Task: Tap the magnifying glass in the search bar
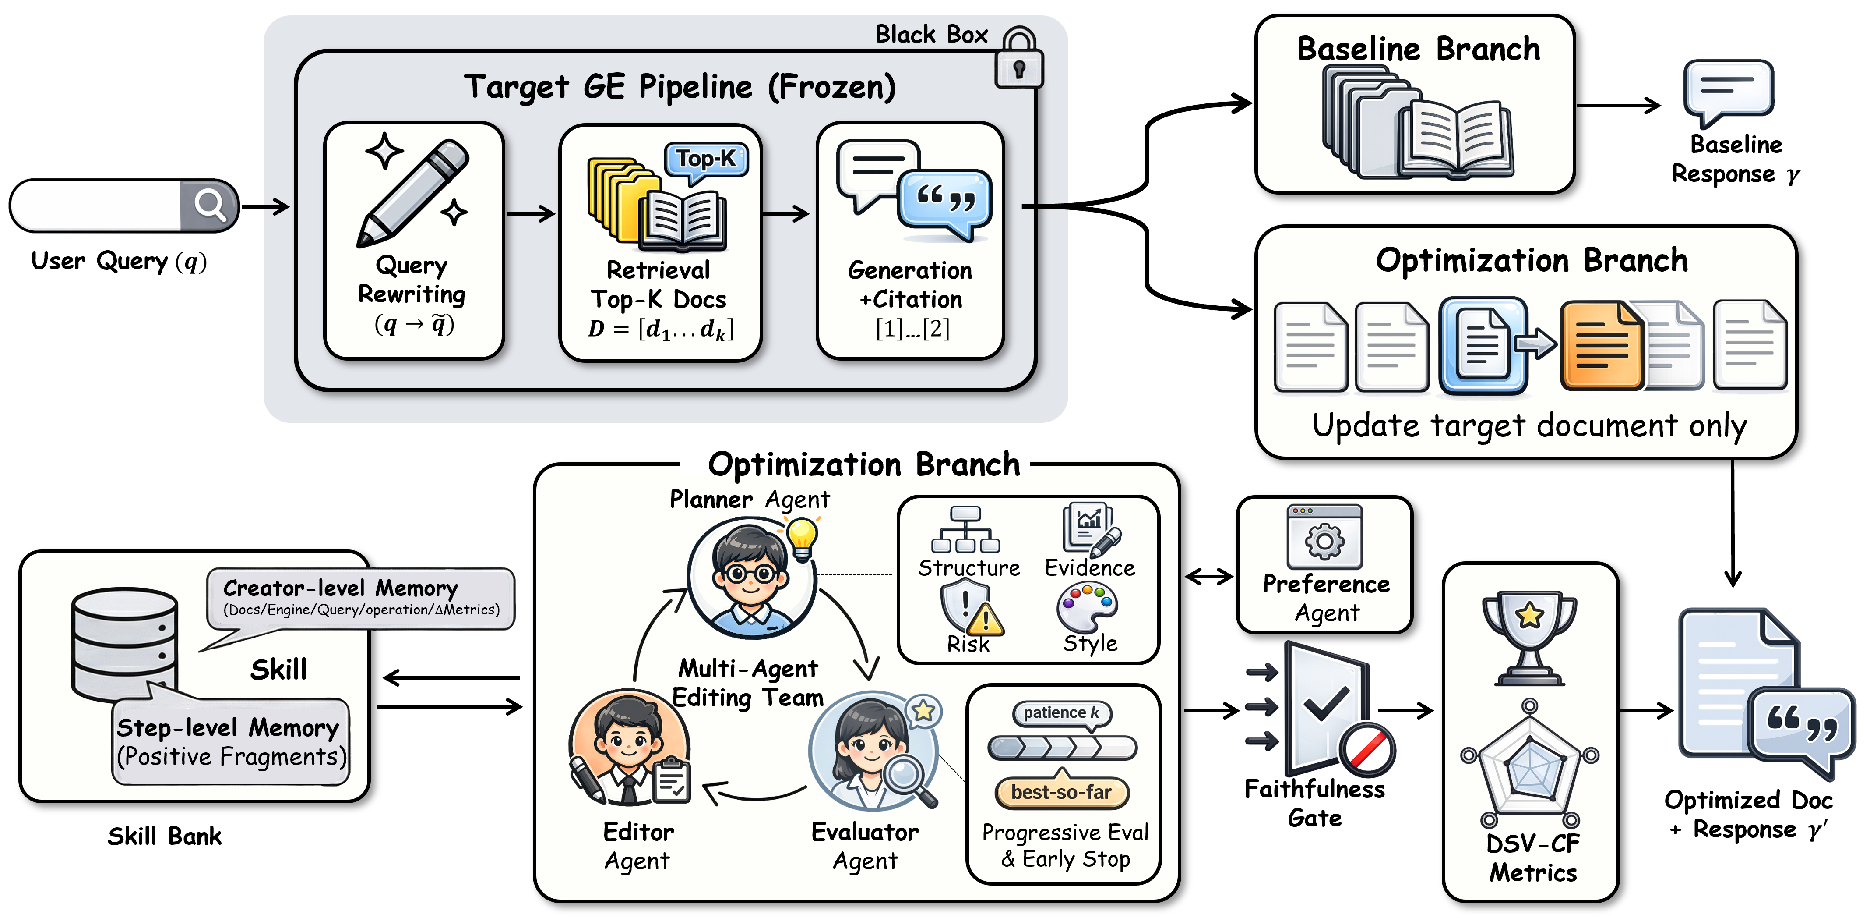210,206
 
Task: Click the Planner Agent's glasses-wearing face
750,574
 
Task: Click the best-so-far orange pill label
1061,792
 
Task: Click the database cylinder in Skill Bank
125,643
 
